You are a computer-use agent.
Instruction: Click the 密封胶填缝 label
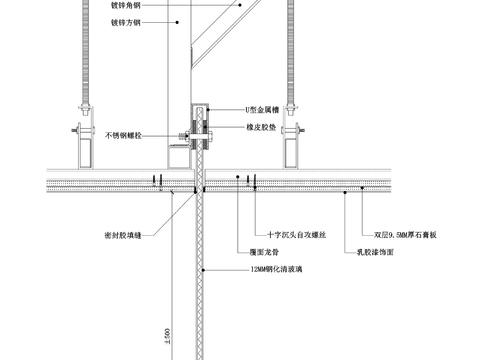[x=123, y=235]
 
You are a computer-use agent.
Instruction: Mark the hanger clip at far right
[x=296, y=130]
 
